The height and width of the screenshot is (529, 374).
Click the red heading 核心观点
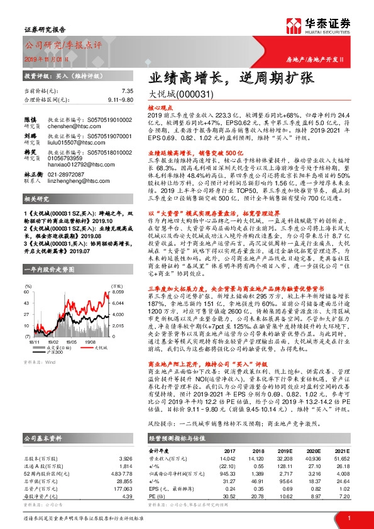159,109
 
